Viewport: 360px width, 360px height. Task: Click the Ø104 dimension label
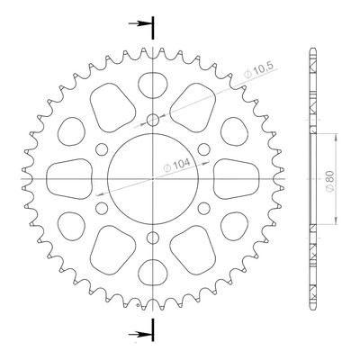(x=176, y=165)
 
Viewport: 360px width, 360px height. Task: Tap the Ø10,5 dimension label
(x=258, y=71)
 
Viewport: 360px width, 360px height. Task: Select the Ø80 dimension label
(x=329, y=182)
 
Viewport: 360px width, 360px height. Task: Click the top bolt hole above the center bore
(x=153, y=120)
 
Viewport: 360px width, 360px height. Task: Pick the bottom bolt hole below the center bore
(x=153, y=238)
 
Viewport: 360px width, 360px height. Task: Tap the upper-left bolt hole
(x=102, y=149)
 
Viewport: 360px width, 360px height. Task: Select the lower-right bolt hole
(x=204, y=208)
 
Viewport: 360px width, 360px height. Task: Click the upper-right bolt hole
(x=204, y=149)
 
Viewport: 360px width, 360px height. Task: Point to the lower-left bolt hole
(x=102, y=208)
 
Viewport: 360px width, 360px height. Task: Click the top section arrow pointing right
(x=139, y=23)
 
